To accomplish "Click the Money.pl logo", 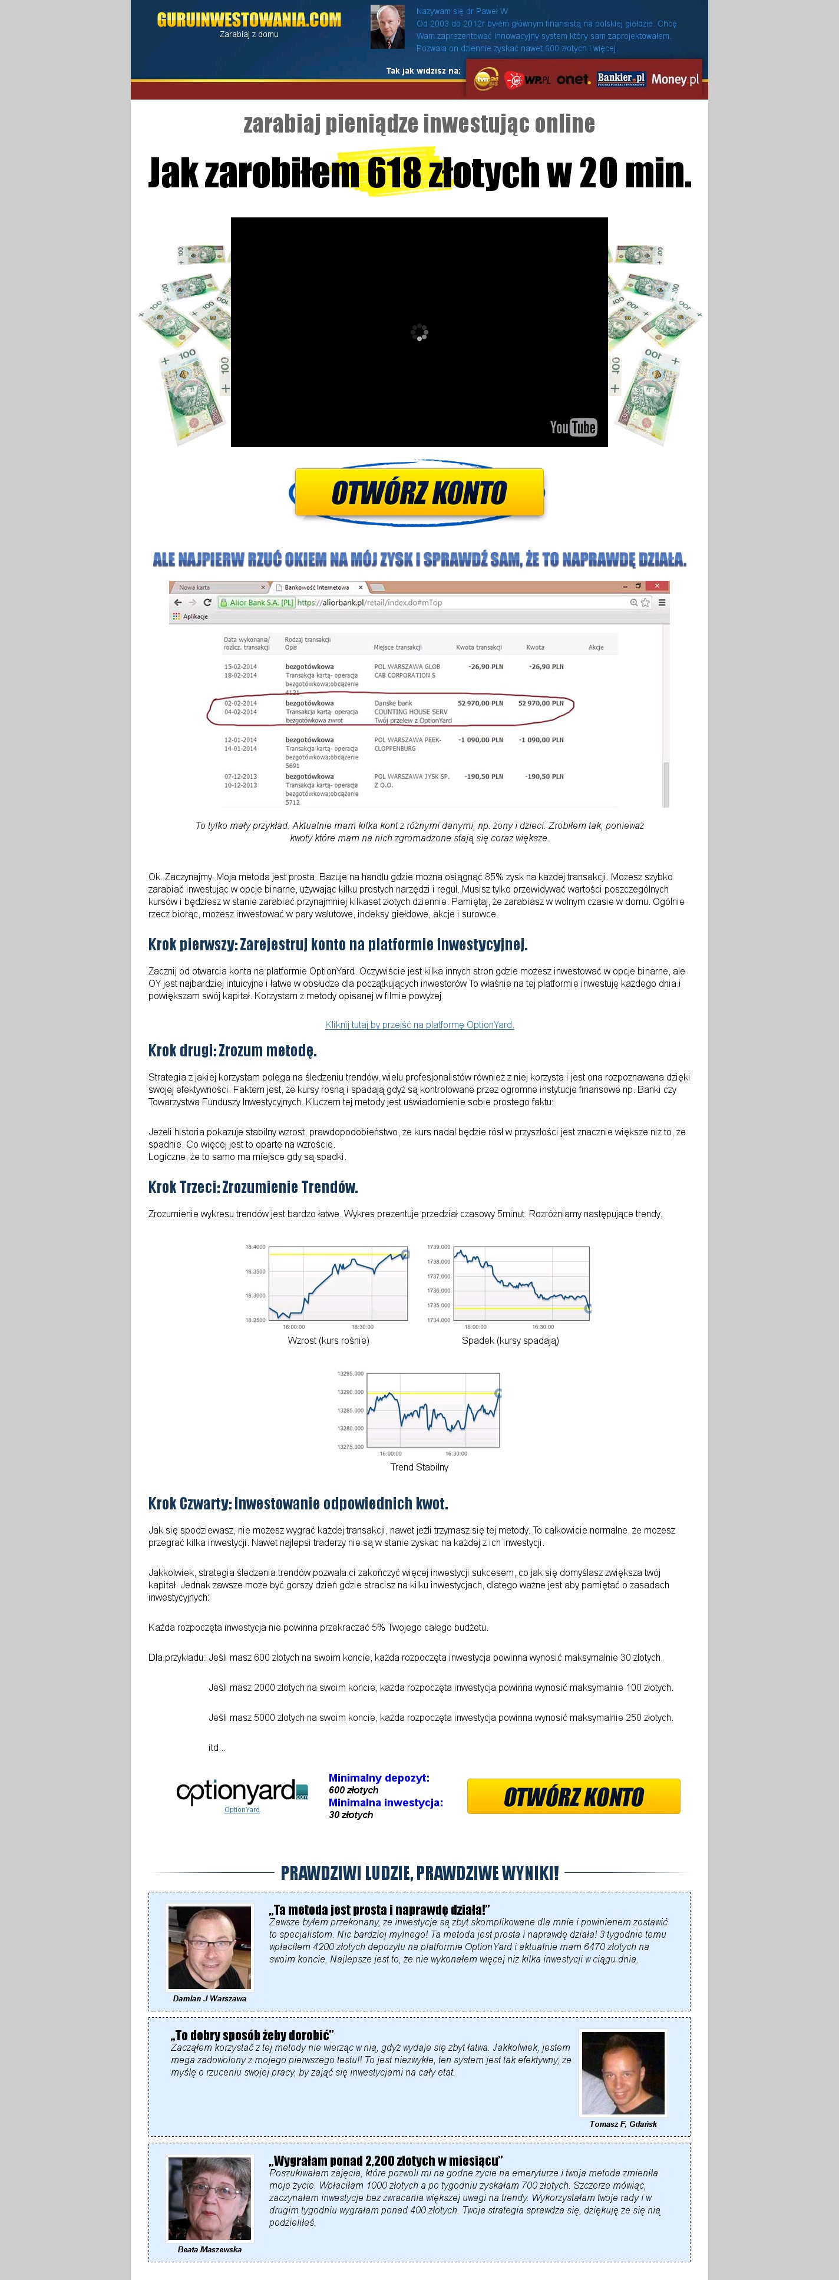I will point(675,80).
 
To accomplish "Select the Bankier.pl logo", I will point(620,79).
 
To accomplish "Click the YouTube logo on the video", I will point(573,428).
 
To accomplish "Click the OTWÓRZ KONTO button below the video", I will point(418,492).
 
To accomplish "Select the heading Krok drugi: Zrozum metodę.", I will point(232,1050).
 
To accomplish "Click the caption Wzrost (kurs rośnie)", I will point(328,1340).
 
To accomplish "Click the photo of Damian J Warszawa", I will point(210,1947).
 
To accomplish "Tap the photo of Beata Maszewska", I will point(210,2198).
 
